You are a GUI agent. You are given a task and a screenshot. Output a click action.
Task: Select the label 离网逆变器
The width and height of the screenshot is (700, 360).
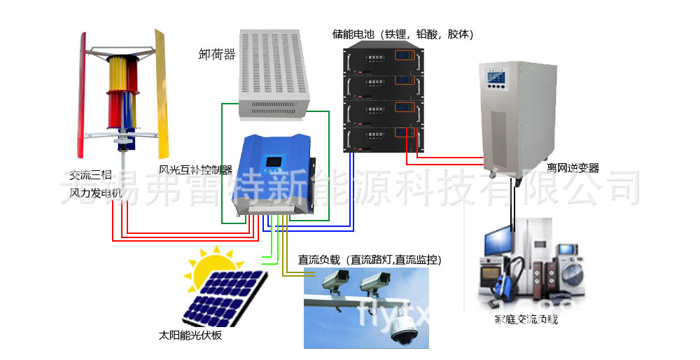click(x=573, y=168)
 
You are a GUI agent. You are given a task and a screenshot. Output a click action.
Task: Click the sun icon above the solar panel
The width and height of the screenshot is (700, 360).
click(x=211, y=266)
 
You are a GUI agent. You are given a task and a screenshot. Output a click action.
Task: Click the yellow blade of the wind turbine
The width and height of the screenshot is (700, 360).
click(x=162, y=91)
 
